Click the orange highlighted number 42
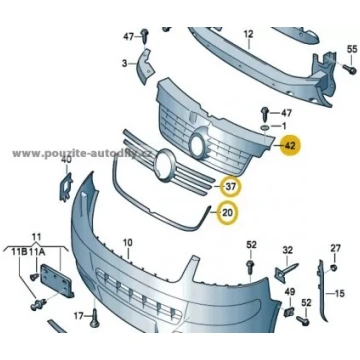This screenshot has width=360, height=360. pyautogui.click(x=291, y=146)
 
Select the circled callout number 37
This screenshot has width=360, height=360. pyautogui.click(x=231, y=187)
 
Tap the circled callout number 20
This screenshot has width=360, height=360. pyautogui.click(x=228, y=212)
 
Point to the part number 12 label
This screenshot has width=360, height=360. pyautogui.click(x=249, y=34)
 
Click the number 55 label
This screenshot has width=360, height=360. pyautogui.click(x=352, y=49)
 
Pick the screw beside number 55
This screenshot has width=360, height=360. pyautogui.click(x=349, y=69)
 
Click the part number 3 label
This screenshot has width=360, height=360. pyautogui.click(x=124, y=63)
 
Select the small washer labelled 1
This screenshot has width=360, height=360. pyautogui.click(x=265, y=127)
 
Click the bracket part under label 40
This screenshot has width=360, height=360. pyautogui.click(x=66, y=187)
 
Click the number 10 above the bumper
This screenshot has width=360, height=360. pyautogui.click(x=128, y=243)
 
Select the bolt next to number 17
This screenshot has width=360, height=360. pyautogui.click(x=94, y=317)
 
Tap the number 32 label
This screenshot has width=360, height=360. pyautogui.click(x=287, y=249)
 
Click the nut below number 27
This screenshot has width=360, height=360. pyautogui.click(x=335, y=268)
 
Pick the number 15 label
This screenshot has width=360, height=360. pyautogui.click(x=339, y=294)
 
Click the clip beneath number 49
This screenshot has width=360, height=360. pyautogui.click(x=288, y=312)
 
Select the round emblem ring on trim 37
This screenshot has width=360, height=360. pyautogui.click(x=165, y=166)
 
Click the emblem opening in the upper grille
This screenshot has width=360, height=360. pyautogui.click(x=197, y=145)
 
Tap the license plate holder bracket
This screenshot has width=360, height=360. pyautogui.click(x=57, y=280)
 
